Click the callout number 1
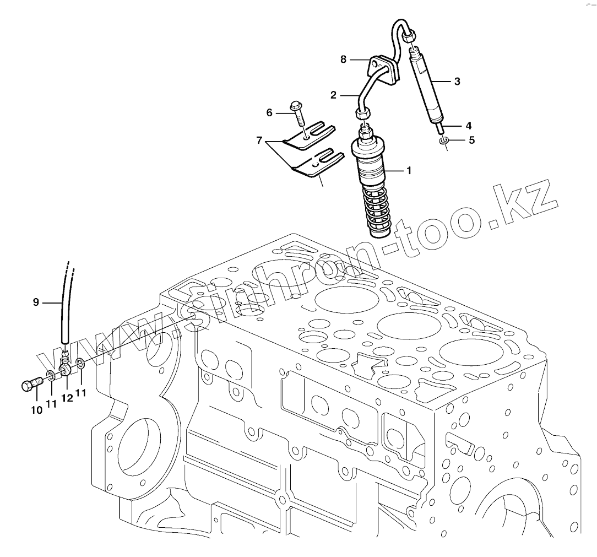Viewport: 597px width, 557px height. pos(408,171)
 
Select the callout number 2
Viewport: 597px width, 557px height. pos(333,95)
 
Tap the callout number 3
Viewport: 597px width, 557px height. pos(457,81)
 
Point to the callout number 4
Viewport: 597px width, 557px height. pos(469,125)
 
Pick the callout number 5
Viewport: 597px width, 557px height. pos(471,140)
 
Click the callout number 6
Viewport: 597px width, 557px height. pos(269,113)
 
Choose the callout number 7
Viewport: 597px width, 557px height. pos(259,142)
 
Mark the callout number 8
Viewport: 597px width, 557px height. pos(343,59)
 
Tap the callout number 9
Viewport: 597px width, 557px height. pos(36,301)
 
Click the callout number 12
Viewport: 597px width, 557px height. pos(67,398)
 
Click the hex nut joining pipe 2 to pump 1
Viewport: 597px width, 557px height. pos(362,114)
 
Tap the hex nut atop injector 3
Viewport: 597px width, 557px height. pos(408,37)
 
